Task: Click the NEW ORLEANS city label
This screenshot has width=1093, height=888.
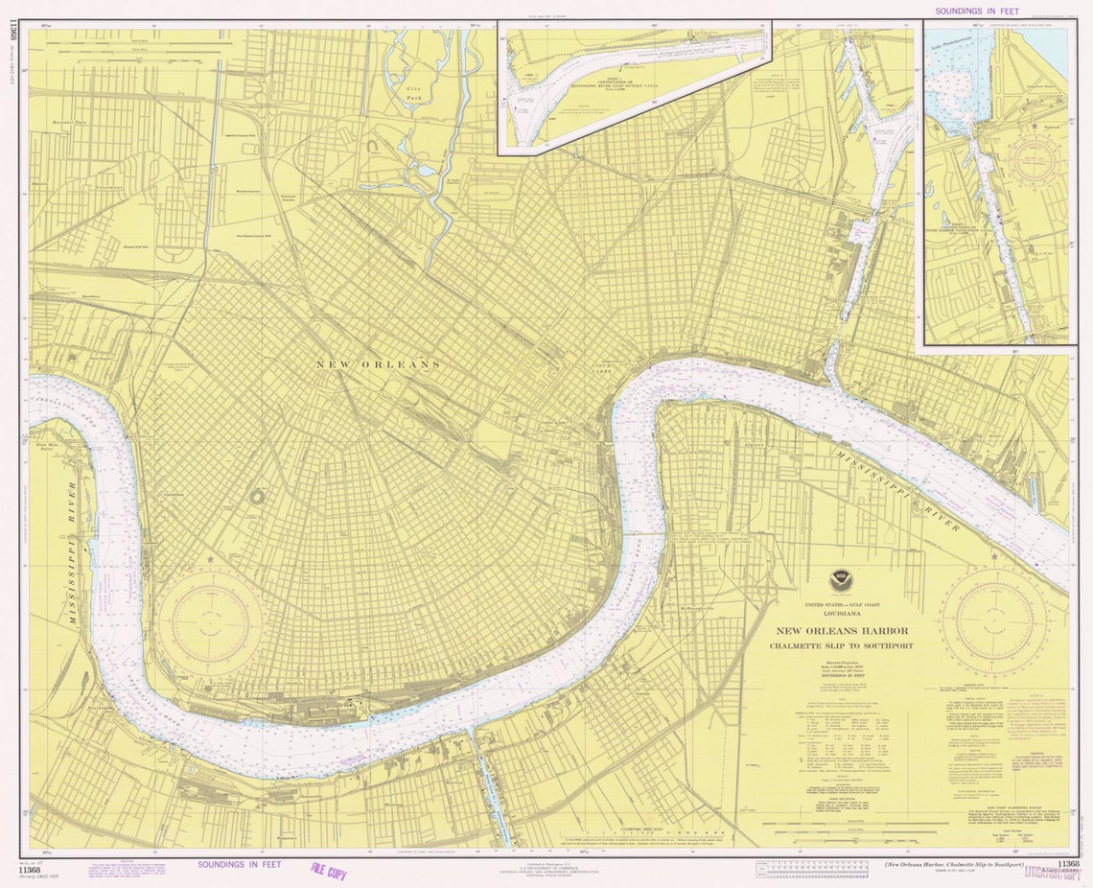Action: tap(379, 364)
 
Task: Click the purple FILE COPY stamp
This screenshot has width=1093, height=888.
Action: tap(328, 871)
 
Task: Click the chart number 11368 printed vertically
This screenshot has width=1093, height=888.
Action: tap(12, 38)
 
